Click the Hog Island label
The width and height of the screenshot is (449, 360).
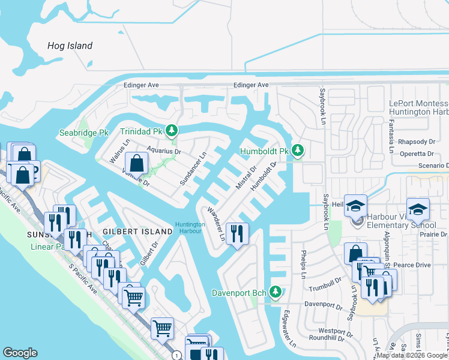point(71,46)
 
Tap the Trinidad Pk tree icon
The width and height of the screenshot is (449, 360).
point(172,130)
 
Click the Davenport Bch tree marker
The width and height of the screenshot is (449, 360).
point(276,293)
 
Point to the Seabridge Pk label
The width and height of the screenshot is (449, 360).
point(83,133)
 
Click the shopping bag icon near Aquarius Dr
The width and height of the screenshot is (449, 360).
point(137,162)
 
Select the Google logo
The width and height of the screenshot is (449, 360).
point(20,353)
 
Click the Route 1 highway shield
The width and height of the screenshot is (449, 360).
point(176,356)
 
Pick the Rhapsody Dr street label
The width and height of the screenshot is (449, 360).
point(417,142)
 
